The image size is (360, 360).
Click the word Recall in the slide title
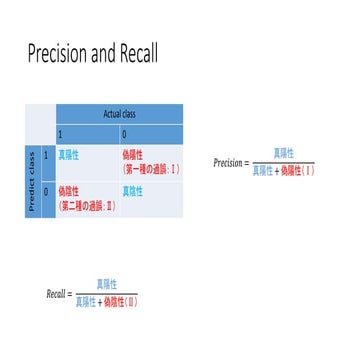135,52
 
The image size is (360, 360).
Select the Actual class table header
120,113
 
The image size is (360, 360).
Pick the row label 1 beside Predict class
46,156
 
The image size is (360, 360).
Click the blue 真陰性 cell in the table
133,189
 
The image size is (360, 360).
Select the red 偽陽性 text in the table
133,155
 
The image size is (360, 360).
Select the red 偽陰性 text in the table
70,189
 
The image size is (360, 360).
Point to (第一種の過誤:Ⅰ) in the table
150,168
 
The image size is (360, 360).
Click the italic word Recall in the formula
58,295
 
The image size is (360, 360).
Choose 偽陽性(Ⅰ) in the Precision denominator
297,171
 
